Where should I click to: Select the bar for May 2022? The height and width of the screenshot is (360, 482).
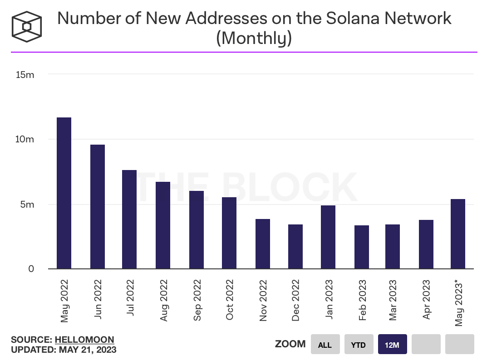(64, 193)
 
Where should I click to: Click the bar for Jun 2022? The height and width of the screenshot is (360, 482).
(98, 207)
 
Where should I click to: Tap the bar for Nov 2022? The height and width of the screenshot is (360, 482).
(263, 244)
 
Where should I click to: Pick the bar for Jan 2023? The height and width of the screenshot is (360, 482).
(328, 237)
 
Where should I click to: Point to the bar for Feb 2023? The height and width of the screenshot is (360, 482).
(362, 247)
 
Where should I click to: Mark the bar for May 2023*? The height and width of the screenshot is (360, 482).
(458, 234)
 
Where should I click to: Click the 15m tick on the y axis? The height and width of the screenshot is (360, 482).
(25, 74)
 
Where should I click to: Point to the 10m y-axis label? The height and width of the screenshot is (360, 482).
(25, 139)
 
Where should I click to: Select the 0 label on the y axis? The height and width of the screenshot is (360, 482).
(31, 269)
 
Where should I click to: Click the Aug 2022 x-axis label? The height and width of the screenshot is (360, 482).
(164, 301)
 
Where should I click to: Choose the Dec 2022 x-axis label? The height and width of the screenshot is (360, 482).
(296, 301)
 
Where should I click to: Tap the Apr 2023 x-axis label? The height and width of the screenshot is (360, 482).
(426, 301)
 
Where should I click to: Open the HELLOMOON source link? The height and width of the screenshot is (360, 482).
(84, 340)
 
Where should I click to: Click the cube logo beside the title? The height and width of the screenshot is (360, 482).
(26, 26)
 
